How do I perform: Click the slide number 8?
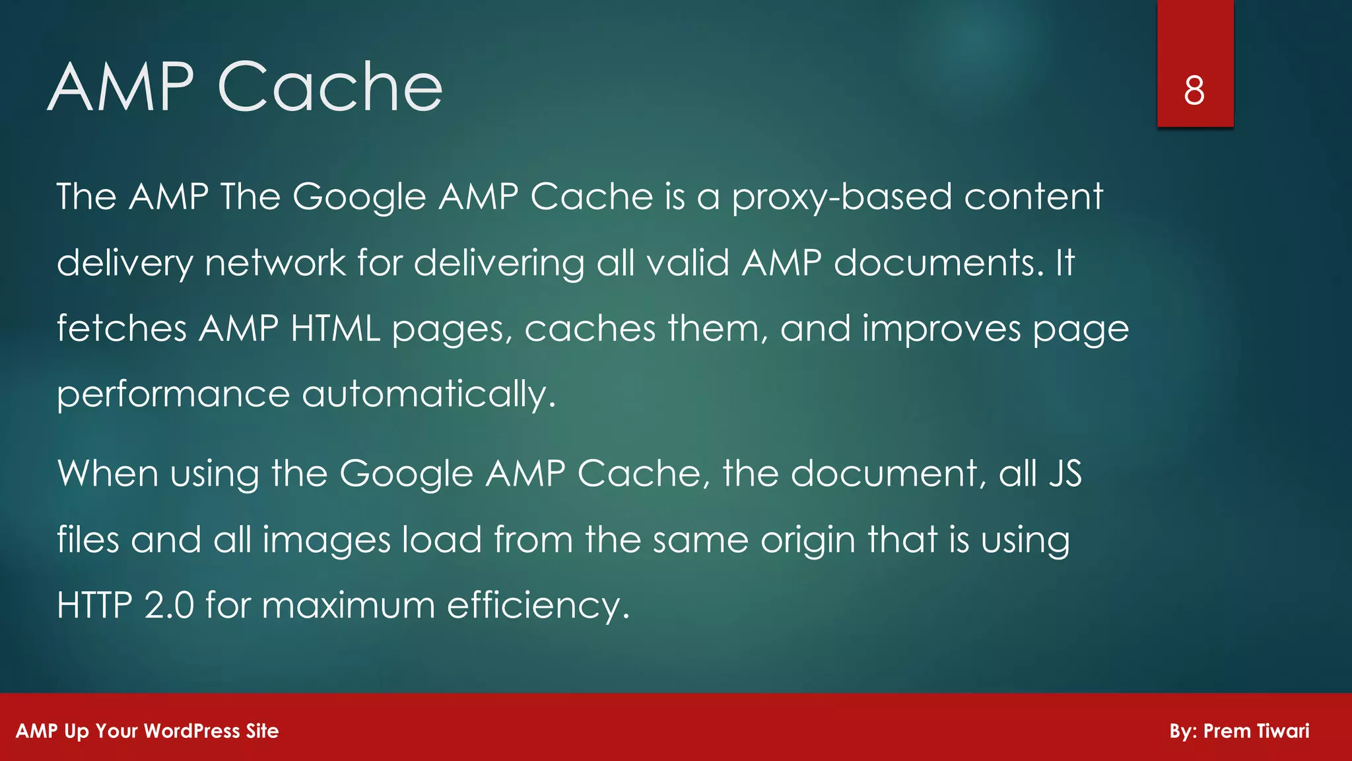[1194, 91]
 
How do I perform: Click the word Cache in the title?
[330, 87]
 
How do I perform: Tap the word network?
[275, 263]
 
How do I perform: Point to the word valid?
[687, 263]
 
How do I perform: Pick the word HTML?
[335, 328]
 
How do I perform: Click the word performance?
[173, 395]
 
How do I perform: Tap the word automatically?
[428, 395]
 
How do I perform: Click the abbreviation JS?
[1065, 474]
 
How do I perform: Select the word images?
[327, 540]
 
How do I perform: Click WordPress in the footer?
[191, 731]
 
